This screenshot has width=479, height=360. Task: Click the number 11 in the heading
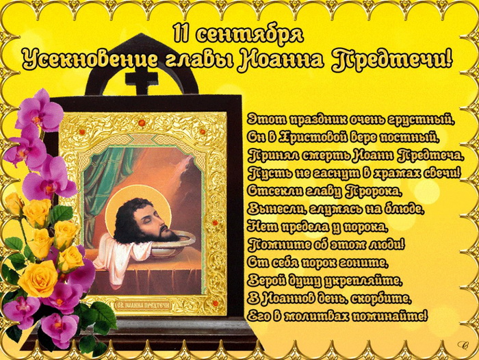click(x=180, y=33)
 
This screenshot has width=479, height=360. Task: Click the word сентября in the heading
click(x=249, y=34)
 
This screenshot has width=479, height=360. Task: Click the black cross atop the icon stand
click(x=142, y=79)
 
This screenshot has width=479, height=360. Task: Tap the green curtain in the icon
click(x=101, y=190)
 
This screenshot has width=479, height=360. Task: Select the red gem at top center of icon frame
click(x=142, y=123)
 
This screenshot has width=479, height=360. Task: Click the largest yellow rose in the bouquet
click(x=38, y=278)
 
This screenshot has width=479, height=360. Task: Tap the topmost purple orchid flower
click(x=40, y=111)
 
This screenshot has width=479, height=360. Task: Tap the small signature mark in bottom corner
click(x=463, y=346)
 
